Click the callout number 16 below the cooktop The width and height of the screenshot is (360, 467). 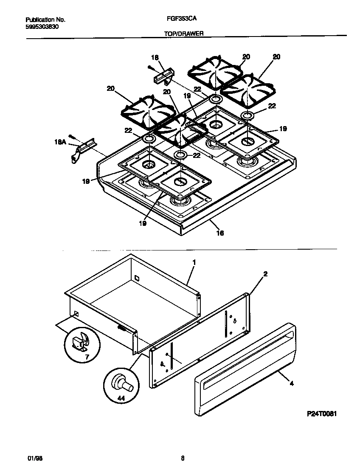click(220, 233)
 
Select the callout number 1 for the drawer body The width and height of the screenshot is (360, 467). click(194, 263)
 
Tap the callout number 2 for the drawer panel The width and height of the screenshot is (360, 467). click(265, 274)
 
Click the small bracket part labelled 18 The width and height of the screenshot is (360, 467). click(162, 77)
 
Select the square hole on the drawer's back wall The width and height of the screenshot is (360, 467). click(136, 278)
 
